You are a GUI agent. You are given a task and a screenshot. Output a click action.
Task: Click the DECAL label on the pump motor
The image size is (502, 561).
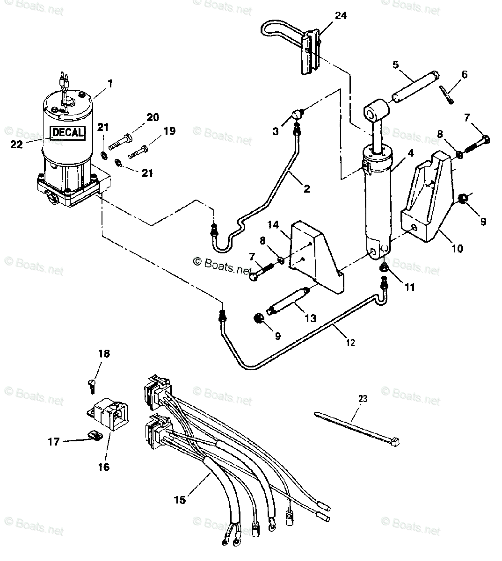[67, 132]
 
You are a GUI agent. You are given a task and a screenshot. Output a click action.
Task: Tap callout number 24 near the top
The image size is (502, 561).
[341, 16]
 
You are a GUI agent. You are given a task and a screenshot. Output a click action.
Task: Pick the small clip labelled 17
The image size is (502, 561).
[95, 435]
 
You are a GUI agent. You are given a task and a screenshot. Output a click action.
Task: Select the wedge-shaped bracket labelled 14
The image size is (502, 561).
[316, 257]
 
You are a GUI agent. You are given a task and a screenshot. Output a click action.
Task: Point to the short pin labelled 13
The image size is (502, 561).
[288, 301]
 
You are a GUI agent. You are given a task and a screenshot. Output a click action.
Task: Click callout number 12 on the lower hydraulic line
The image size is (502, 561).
[350, 343]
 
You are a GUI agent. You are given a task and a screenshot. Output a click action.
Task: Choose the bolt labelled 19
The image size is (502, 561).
[138, 152]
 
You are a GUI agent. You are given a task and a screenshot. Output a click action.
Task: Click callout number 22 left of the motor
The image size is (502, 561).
[16, 144]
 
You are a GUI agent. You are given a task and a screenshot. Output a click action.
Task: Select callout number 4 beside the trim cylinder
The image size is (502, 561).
[410, 152]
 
